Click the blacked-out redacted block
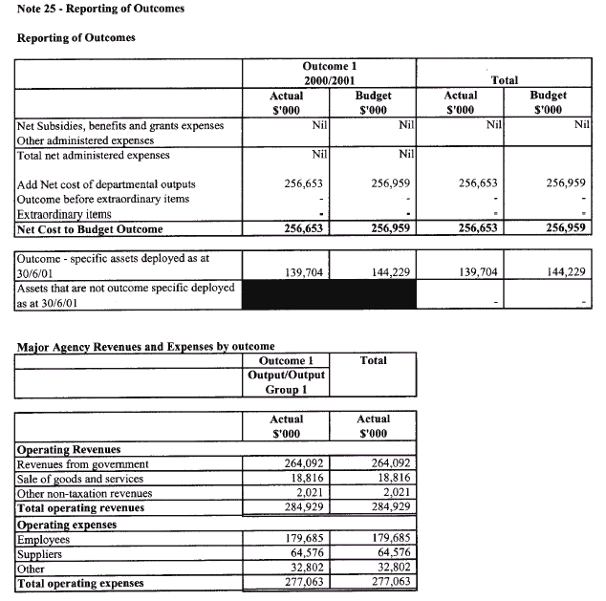(330, 294)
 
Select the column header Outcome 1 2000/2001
(329, 74)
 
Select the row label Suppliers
(43, 554)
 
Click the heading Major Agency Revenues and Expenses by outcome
(145, 346)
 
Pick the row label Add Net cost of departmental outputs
(106, 184)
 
